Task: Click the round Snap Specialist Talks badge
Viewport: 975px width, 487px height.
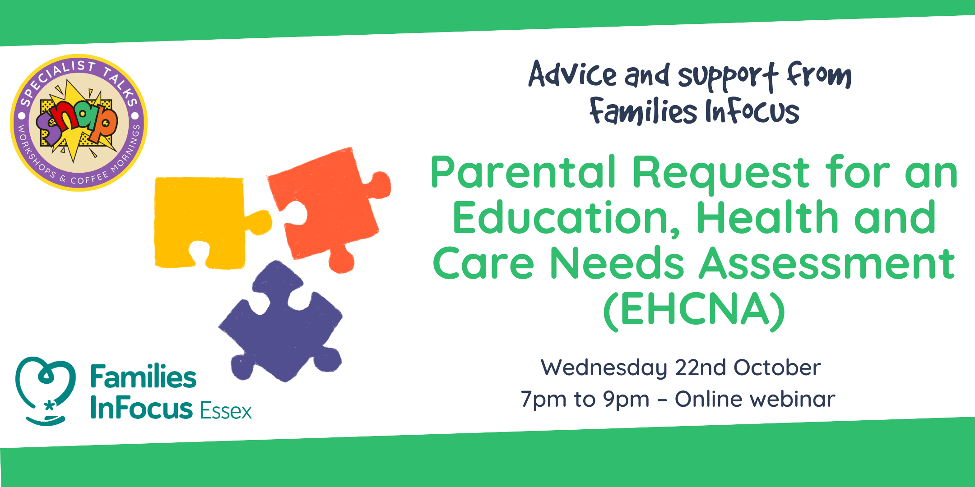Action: coord(79,123)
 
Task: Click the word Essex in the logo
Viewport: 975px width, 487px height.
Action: coord(226,411)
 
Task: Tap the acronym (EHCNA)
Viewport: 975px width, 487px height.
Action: coord(694,310)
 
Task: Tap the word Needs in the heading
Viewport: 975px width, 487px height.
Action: coord(617,263)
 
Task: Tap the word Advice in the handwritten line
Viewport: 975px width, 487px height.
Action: coord(572,74)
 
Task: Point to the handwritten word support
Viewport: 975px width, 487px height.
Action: coord(728,77)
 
